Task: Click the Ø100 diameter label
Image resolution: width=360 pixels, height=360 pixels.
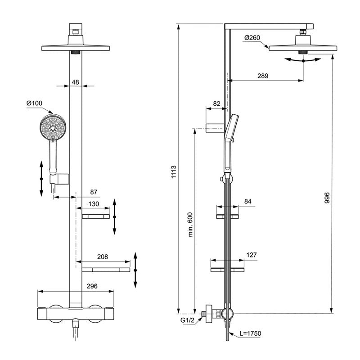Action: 34,104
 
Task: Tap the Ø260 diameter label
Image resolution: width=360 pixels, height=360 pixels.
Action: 252,38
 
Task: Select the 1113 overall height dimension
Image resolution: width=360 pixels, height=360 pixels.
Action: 174,173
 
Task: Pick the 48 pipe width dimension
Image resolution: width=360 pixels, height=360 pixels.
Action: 75,82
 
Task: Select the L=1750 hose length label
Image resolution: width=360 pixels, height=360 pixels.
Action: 250,333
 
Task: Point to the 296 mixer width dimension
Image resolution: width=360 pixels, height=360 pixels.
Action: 92,286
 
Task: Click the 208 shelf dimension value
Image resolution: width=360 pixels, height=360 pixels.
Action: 103,257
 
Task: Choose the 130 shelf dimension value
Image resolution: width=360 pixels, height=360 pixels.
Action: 94,204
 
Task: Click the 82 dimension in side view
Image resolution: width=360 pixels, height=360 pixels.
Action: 216,103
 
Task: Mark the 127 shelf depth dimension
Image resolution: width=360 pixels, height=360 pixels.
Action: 251,255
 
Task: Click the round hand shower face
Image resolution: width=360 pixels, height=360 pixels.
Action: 53,127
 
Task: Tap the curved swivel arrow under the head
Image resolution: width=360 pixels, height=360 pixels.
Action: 303,60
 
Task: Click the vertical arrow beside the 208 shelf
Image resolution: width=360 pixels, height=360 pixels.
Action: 135,270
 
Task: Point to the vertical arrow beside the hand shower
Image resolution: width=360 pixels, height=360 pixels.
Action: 41,178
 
